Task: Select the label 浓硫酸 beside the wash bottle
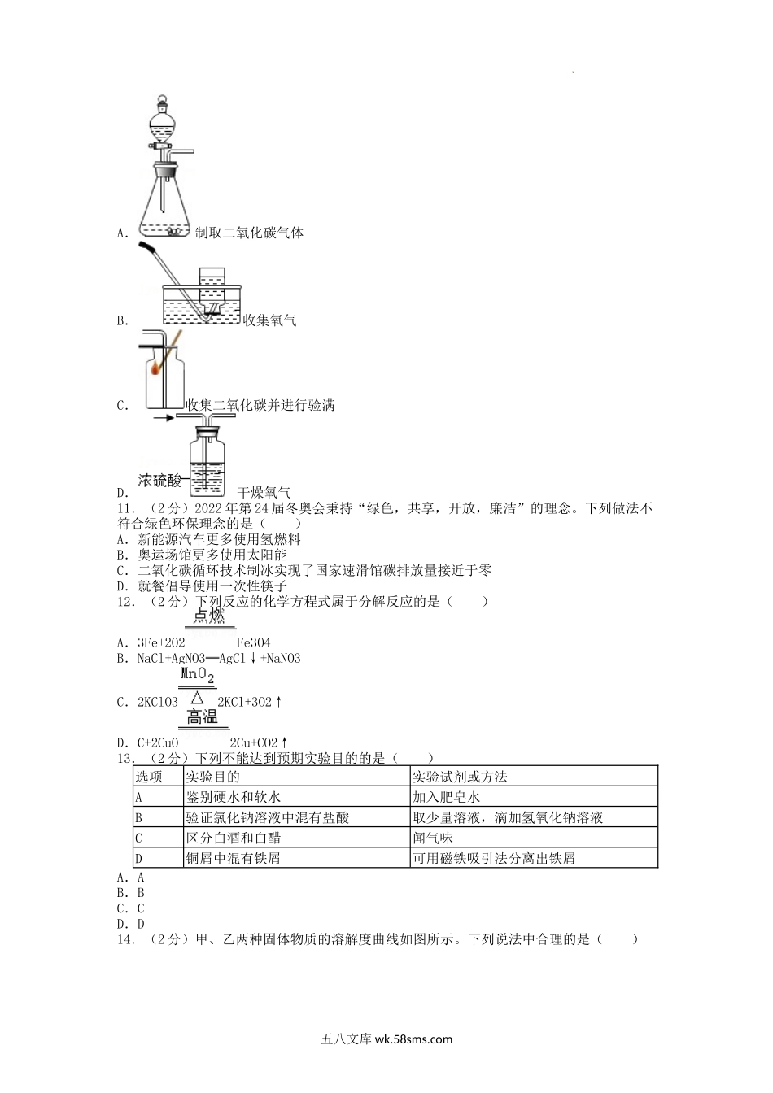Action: click(160, 481)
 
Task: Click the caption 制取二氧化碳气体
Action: click(250, 233)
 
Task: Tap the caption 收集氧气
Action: click(270, 320)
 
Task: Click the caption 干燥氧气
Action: click(264, 492)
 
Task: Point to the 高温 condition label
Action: click(203, 716)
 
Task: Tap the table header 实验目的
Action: click(213, 777)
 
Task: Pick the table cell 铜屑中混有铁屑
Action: click(233, 858)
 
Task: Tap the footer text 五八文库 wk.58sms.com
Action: click(386, 1039)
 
